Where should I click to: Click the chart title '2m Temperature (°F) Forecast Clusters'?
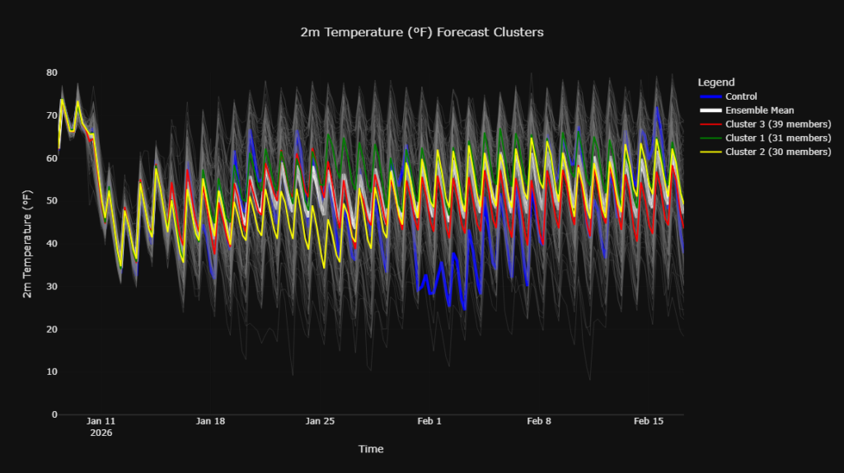422,32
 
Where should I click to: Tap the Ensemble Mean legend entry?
759,110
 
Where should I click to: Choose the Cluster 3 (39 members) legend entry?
777,124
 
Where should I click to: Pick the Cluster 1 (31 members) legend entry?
777,138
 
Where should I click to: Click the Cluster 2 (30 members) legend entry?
777,152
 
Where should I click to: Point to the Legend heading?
715,82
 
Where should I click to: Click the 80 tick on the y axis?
52,73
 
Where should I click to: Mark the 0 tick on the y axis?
54,414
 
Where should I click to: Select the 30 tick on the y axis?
52,286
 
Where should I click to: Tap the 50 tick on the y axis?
52,201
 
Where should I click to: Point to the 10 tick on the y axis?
52,372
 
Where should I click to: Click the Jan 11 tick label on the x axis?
101,421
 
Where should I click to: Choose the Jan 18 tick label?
210,421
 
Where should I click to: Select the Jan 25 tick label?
320,421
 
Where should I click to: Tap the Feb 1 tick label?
429,421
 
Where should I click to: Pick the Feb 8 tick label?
538,421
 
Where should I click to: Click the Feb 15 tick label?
648,421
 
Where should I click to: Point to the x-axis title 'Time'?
370,449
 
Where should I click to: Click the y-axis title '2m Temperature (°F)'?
27,244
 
